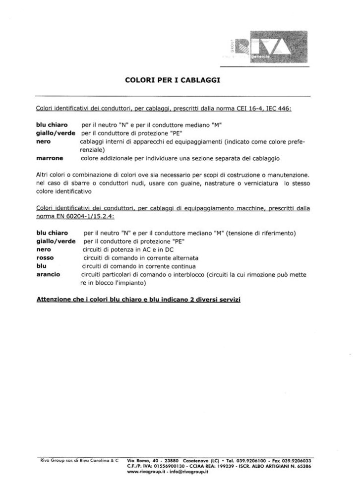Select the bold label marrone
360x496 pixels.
[50, 159]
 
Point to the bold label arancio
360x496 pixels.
[49, 274]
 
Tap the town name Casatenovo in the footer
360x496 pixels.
[199, 460]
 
